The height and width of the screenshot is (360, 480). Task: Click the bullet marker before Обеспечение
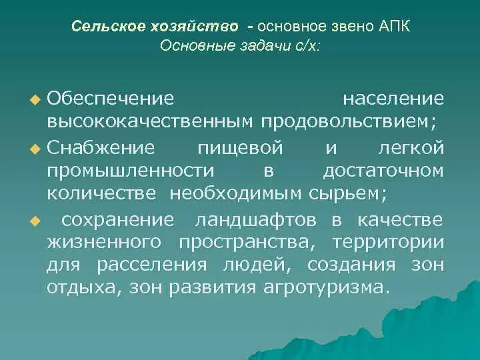tap(35, 100)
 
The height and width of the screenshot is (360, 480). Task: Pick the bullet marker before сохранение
tap(35, 220)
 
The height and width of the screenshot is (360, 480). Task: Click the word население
tap(393, 99)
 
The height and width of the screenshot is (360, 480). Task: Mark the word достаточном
tap(383, 171)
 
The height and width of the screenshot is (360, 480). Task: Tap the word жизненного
tap(103, 243)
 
